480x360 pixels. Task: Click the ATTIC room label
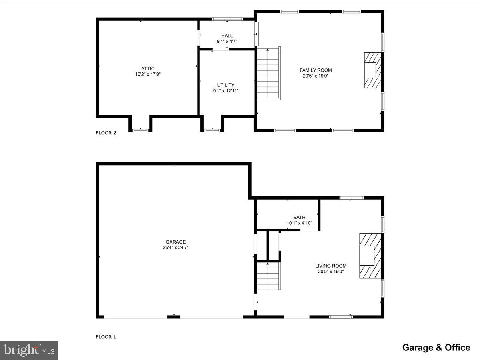click(148, 68)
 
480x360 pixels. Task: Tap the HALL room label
click(227, 36)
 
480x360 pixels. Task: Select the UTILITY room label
click(226, 85)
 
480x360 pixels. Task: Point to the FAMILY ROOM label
click(316, 70)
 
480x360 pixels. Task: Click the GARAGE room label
click(176, 242)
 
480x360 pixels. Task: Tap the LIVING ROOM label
click(331, 266)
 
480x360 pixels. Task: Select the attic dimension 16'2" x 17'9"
click(148, 74)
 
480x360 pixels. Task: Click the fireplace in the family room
click(372, 70)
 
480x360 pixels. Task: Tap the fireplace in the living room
click(370, 256)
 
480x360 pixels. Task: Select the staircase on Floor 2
click(268, 73)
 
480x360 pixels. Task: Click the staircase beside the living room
click(268, 276)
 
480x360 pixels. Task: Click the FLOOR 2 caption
click(106, 133)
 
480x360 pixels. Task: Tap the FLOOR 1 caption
click(106, 337)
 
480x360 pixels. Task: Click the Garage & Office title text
click(436, 348)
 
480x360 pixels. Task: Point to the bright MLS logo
click(29, 350)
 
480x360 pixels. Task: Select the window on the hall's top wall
click(227, 19)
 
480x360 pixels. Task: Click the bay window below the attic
click(140, 130)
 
